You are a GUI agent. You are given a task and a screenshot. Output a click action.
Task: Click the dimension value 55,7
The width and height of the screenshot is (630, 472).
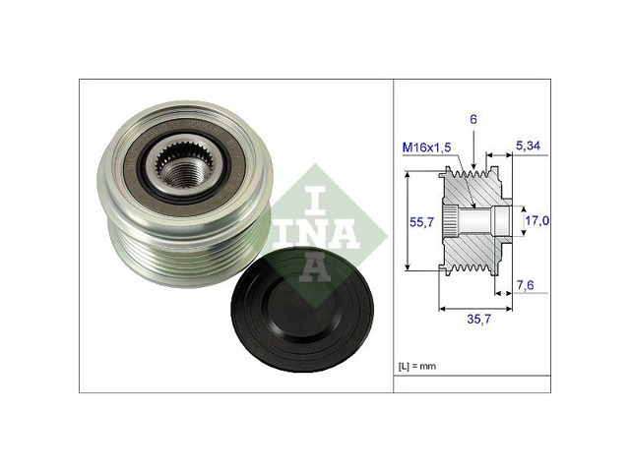[421, 221]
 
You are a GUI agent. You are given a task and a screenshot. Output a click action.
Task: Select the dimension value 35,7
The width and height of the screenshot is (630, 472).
[479, 319]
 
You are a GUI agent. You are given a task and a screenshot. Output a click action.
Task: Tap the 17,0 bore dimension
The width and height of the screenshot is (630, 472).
[537, 220]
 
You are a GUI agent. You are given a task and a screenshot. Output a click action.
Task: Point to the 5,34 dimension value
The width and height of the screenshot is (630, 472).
[528, 146]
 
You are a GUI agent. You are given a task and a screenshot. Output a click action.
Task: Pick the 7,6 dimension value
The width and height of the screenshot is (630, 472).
[525, 285]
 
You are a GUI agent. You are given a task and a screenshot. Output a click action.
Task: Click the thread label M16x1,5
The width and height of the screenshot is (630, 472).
[426, 147]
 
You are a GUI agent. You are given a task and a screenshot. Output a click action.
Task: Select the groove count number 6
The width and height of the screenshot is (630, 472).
[473, 119]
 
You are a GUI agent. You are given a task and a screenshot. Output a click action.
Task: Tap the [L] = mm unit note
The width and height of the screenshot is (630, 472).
[417, 366]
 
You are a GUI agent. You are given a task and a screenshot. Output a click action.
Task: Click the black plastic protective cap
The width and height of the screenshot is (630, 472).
[302, 309]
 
